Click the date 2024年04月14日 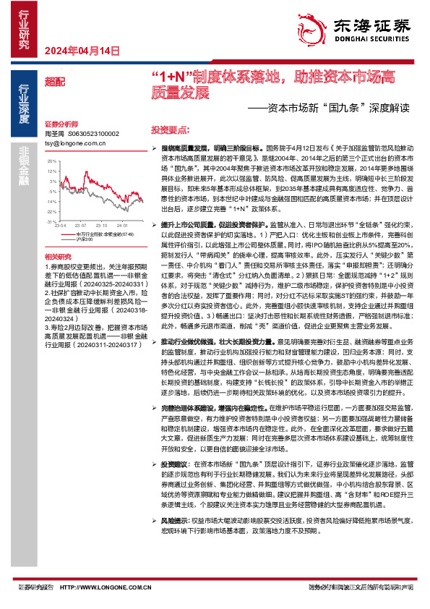pos(81,51)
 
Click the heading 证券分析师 pos(60,124)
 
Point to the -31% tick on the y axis pos(50,211)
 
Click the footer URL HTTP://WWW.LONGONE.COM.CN pos(106,587)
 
